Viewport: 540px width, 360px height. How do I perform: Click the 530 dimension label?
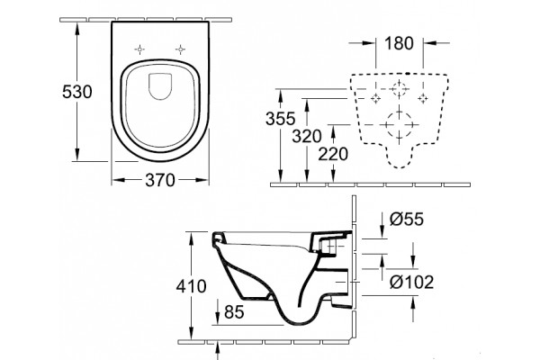[x=77, y=92]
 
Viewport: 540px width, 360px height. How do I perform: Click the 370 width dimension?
[x=160, y=180]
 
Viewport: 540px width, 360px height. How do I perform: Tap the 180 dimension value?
[x=399, y=43]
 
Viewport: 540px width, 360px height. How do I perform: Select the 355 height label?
[x=280, y=119]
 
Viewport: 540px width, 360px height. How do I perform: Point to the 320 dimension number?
[x=307, y=137]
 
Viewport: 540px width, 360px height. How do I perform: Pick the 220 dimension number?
[x=333, y=154]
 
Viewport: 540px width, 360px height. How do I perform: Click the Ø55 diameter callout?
[x=407, y=219]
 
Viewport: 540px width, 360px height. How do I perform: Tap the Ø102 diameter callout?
[x=411, y=283]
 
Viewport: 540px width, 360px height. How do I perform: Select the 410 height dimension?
[x=191, y=286]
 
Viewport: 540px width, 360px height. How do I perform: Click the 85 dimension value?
[x=234, y=312]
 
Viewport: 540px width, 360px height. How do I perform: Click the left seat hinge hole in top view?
[x=139, y=49]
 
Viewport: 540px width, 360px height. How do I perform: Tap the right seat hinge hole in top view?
[x=180, y=49]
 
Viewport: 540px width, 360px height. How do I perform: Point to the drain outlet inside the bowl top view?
[x=160, y=86]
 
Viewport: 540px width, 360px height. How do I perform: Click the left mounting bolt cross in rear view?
[x=375, y=98]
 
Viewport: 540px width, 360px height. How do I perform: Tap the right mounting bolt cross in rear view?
[x=423, y=98]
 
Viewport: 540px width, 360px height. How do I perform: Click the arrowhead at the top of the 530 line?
[x=76, y=29]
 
